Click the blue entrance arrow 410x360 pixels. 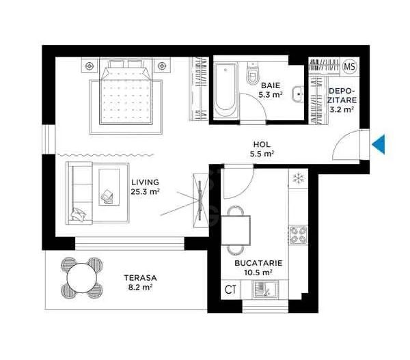point(379,144)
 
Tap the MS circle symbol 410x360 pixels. point(349,67)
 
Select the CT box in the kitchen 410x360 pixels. point(230,289)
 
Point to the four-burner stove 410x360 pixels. point(298,236)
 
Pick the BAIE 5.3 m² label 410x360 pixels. point(271,90)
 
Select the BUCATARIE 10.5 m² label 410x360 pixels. point(258,267)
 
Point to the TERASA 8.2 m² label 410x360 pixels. point(140,283)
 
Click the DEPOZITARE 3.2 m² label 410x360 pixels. point(341,100)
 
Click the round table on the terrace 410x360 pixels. point(81,277)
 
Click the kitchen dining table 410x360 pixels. point(236,230)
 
